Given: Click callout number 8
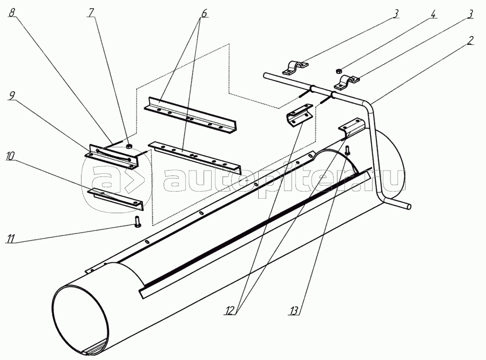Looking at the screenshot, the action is pos(11,11).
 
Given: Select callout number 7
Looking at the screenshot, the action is pos(92,11).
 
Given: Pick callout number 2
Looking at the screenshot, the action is pos(471,40).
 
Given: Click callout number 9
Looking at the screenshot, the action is pos(11,95).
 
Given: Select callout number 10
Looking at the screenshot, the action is pos(11,155).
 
